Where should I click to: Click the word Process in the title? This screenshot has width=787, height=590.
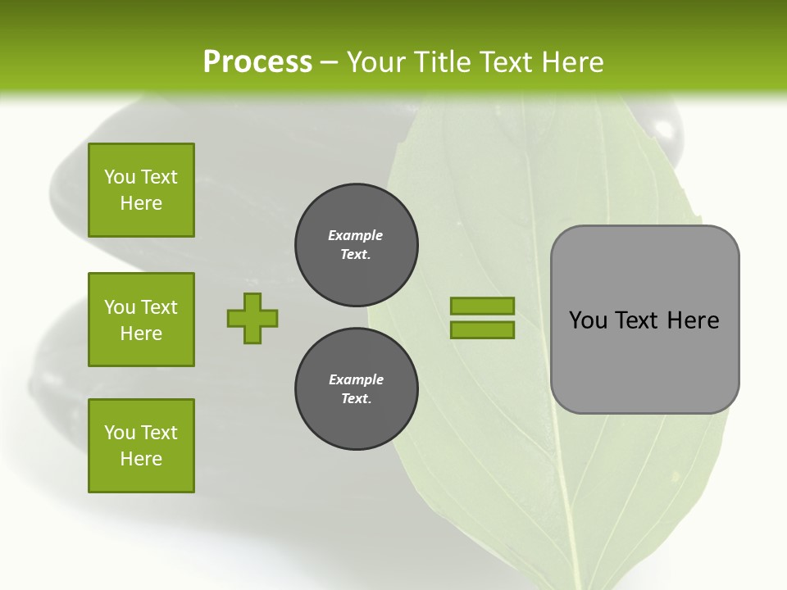click(x=257, y=62)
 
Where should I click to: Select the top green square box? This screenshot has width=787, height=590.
click(x=141, y=190)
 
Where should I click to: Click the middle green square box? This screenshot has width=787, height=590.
click(x=141, y=320)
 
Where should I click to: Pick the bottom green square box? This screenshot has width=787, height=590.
click(x=141, y=446)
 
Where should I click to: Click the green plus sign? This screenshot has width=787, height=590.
click(x=252, y=318)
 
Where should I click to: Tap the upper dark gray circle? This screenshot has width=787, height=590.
click(x=356, y=245)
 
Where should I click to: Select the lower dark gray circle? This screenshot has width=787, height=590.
click(x=356, y=389)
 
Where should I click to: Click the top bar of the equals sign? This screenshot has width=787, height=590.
click(x=482, y=306)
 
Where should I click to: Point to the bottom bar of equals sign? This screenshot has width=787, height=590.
click(x=482, y=330)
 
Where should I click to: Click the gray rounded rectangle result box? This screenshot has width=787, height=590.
click(x=644, y=352)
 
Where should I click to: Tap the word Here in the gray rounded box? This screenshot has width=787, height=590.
click(x=693, y=320)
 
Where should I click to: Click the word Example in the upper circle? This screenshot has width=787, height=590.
click(x=356, y=235)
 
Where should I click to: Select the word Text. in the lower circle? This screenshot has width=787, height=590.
click(x=356, y=399)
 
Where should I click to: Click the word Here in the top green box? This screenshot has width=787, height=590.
click(x=141, y=203)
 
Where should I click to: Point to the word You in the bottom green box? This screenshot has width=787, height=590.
click(x=120, y=433)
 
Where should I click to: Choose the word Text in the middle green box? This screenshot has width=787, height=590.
click(x=159, y=307)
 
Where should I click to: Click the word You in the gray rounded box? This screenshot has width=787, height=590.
click(x=588, y=320)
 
